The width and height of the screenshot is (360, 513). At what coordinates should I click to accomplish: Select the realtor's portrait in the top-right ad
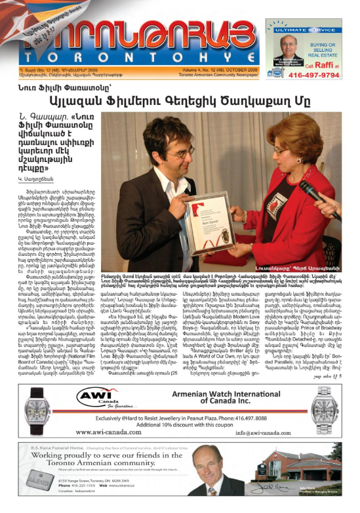click(282, 51)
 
